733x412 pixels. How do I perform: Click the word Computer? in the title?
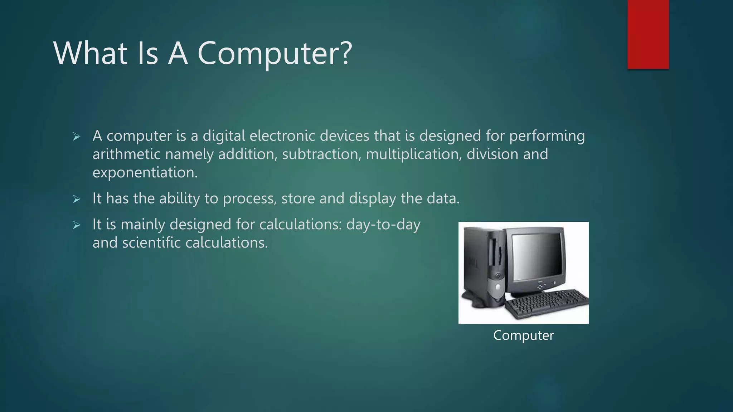pyautogui.click(x=275, y=54)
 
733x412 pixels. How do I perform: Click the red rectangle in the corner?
pyautogui.click(x=648, y=34)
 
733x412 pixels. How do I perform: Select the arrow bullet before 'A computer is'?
pyautogui.click(x=76, y=137)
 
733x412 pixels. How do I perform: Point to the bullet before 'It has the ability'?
pyautogui.click(x=76, y=199)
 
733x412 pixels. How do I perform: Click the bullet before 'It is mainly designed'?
pyautogui.click(x=76, y=225)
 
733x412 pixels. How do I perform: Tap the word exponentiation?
pyautogui.click(x=145, y=173)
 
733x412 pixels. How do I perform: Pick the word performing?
pyautogui.click(x=547, y=136)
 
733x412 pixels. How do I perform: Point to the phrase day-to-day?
pyautogui.click(x=383, y=225)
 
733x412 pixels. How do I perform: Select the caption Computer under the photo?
pyautogui.click(x=523, y=335)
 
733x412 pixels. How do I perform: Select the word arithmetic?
pyautogui.click(x=126, y=154)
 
